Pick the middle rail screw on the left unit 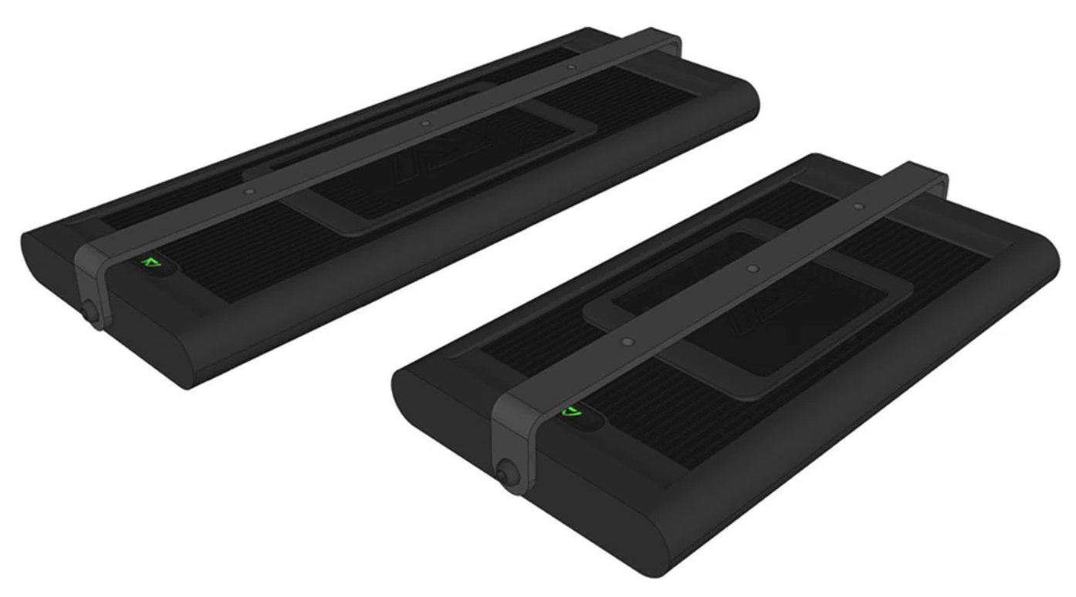[424, 122]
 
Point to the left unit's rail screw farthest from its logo [570, 67]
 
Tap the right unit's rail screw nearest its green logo [628, 339]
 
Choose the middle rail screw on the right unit [753, 268]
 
